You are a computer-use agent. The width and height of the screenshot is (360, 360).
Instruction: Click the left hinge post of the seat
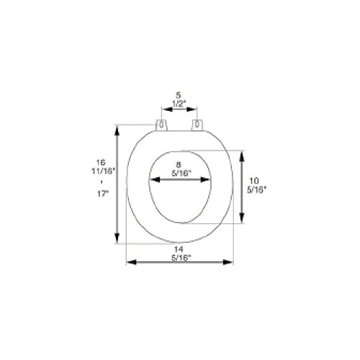[161, 125]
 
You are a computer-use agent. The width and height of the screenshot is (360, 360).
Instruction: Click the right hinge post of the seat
[197, 125]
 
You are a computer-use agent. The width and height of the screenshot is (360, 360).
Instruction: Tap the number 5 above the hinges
[178, 95]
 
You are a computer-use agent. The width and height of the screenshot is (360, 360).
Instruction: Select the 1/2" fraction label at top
[179, 104]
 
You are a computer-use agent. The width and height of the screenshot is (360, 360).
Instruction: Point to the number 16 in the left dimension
[101, 162]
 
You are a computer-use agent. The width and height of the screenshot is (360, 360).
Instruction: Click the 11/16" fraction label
[104, 171]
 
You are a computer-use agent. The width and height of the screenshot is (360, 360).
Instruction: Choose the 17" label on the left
[103, 194]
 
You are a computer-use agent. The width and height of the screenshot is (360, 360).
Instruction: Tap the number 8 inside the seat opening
[179, 165]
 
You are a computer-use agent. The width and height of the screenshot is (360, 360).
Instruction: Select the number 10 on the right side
[254, 181]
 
